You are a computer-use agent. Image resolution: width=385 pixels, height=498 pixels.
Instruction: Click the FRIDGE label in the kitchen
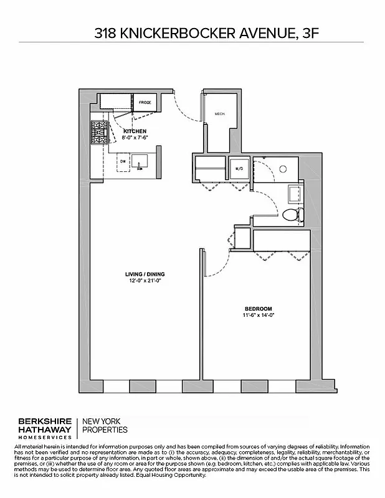[x=145, y=101]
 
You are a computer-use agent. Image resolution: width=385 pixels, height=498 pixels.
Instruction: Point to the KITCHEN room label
[x=135, y=131]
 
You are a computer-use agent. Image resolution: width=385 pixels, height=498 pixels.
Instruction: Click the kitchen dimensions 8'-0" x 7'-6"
[x=135, y=137]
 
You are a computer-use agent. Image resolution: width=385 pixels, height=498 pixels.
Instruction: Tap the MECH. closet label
[x=219, y=114]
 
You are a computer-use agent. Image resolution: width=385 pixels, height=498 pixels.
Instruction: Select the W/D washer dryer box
[x=239, y=168]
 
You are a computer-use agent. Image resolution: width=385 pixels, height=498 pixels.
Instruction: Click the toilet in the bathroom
[x=292, y=215]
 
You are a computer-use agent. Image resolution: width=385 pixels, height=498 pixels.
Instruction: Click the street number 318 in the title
[x=105, y=34]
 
